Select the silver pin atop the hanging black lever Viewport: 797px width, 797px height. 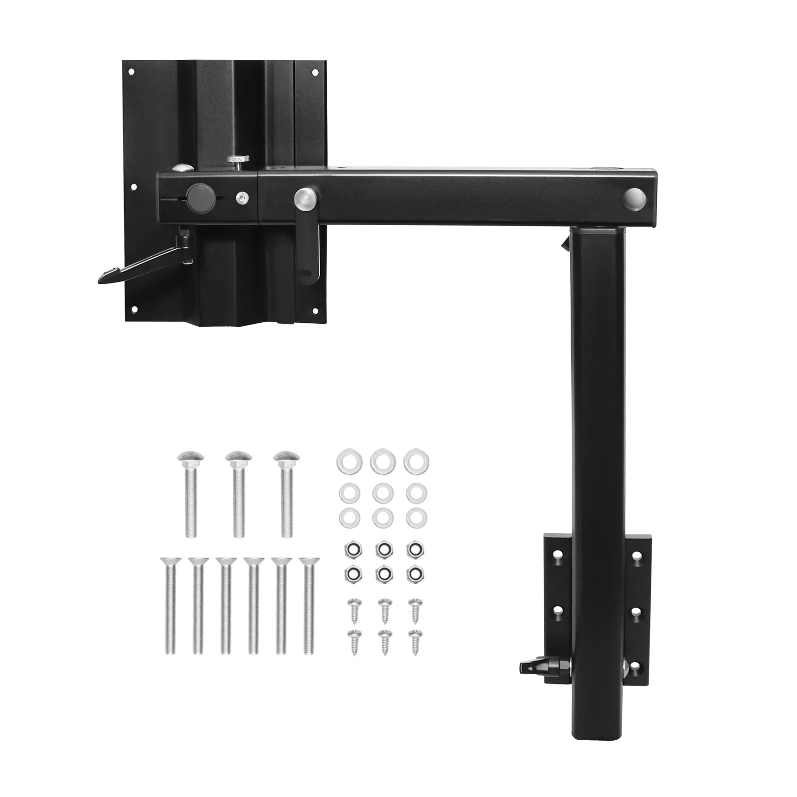[304, 198]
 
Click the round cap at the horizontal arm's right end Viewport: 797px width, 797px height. [634, 199]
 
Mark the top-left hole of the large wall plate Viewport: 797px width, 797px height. [131, 72]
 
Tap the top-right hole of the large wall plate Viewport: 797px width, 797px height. [315, 73]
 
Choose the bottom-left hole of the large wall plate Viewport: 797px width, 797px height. [133, 310]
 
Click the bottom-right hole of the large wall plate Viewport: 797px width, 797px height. [315, 311]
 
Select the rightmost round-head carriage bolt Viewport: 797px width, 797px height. [286, 493]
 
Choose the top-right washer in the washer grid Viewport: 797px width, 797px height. [416, 461]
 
